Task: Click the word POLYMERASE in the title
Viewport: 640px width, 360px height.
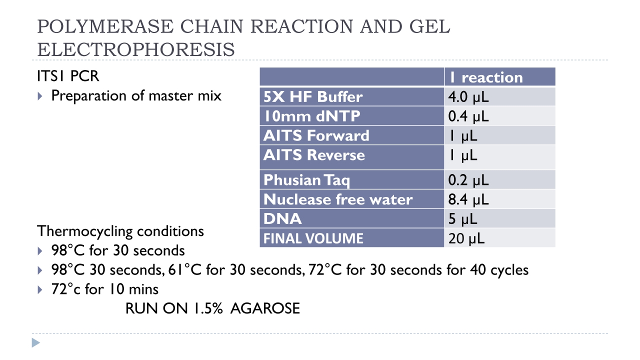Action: coord(105,26)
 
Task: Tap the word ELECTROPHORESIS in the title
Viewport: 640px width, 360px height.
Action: coord(136,49)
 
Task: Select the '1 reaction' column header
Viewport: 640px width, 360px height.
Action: coord(486,77)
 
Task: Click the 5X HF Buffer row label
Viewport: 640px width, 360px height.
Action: coord(313,96)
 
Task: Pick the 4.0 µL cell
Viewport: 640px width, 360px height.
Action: coord(468,97)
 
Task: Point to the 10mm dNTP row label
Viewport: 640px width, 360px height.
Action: coord(312,116)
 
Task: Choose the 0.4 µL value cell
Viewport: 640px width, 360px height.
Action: coord(468,116)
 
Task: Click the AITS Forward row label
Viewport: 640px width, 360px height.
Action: coord(316,135)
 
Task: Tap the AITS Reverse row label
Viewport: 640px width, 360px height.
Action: coord(314,155)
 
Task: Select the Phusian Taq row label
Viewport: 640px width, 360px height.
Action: coord(306,180)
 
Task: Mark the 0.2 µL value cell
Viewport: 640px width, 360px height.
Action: coord(468,180)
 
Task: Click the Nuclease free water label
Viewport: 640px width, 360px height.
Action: coord(338,199)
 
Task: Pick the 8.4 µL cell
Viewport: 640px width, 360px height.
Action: coord(468,199)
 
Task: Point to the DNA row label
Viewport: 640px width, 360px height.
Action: coord(282,219)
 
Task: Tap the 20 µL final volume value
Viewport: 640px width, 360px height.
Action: coord(466,238)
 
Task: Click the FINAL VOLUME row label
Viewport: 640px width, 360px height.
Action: coord(313,238)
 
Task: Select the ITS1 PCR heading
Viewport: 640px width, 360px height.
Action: coord(68,76)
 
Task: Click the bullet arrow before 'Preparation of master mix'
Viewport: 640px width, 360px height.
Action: coord(40,96)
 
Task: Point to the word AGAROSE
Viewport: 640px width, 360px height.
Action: coord(265,308)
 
